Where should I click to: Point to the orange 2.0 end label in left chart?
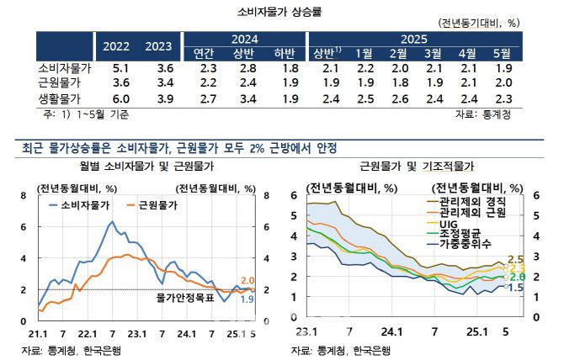click(247, 280)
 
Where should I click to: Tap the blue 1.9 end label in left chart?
click(247, 299)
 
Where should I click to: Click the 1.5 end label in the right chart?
click(516, 288)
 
